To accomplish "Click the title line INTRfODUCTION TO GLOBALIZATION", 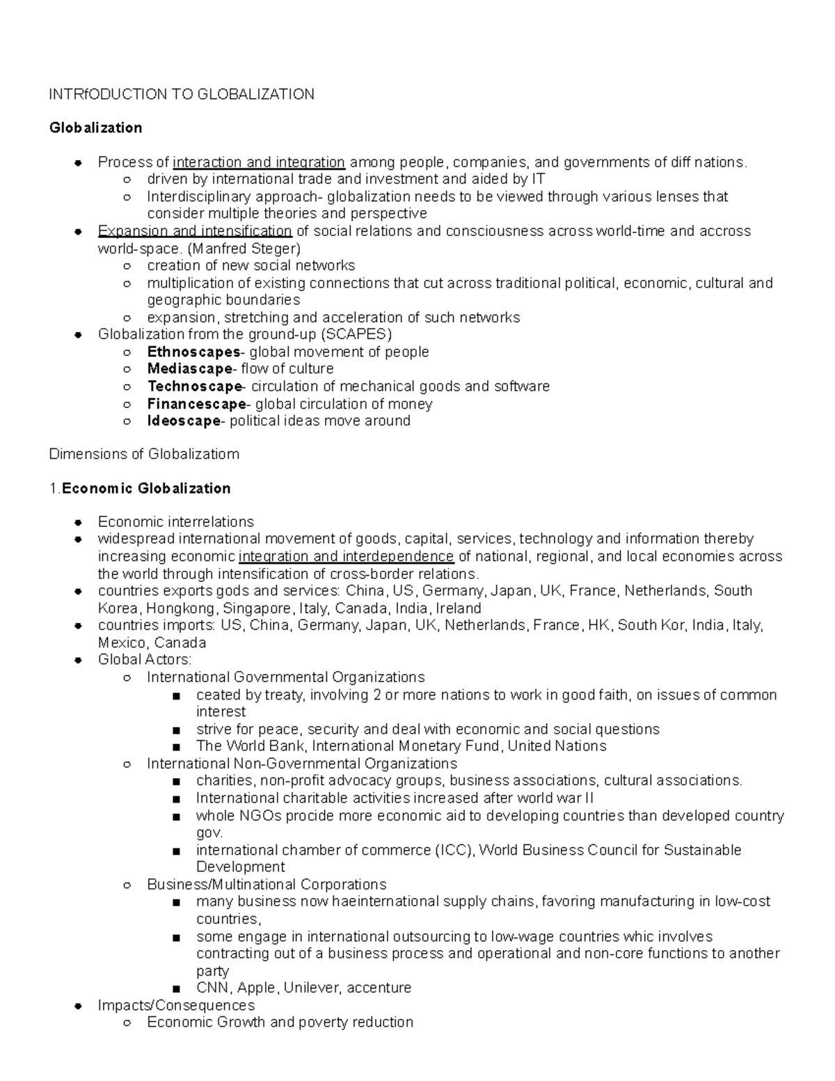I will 181,94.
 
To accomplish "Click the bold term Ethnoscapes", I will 193,352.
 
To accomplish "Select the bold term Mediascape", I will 189,369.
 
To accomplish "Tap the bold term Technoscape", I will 194,386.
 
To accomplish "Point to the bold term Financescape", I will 196,404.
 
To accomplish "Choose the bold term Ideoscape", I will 184,421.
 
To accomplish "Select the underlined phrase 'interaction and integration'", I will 259,162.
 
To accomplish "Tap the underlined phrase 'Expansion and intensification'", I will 195,231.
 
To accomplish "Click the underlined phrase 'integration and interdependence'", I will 346,556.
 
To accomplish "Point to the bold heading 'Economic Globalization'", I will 146,488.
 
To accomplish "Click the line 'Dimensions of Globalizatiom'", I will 144,454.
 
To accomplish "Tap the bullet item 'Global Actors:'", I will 145,659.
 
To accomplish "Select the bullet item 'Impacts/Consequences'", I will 176,1005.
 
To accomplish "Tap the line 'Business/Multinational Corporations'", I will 267,884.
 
